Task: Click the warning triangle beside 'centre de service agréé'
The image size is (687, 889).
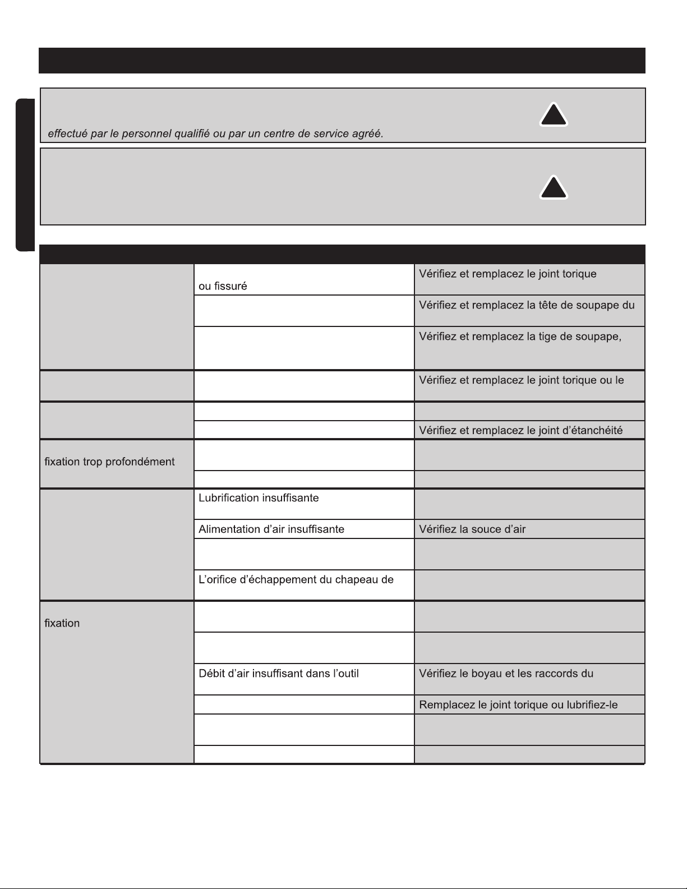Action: [x=554, y=115]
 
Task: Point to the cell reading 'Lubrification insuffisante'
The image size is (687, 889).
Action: [x=259, y=498]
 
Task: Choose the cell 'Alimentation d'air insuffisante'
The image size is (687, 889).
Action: [x=271, y=529]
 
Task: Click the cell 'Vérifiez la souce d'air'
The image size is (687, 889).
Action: [x=472, y=529]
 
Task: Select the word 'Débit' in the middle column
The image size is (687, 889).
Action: [x=212, y=673]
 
